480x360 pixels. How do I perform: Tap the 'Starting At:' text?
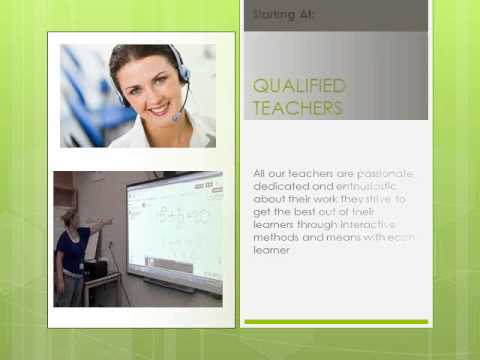(x=285, y=15)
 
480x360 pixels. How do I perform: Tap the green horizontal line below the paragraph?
(x=335, y=321)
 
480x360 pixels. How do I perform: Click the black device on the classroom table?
(x=95, y=269)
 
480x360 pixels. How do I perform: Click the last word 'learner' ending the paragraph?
(x=271, y=251)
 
